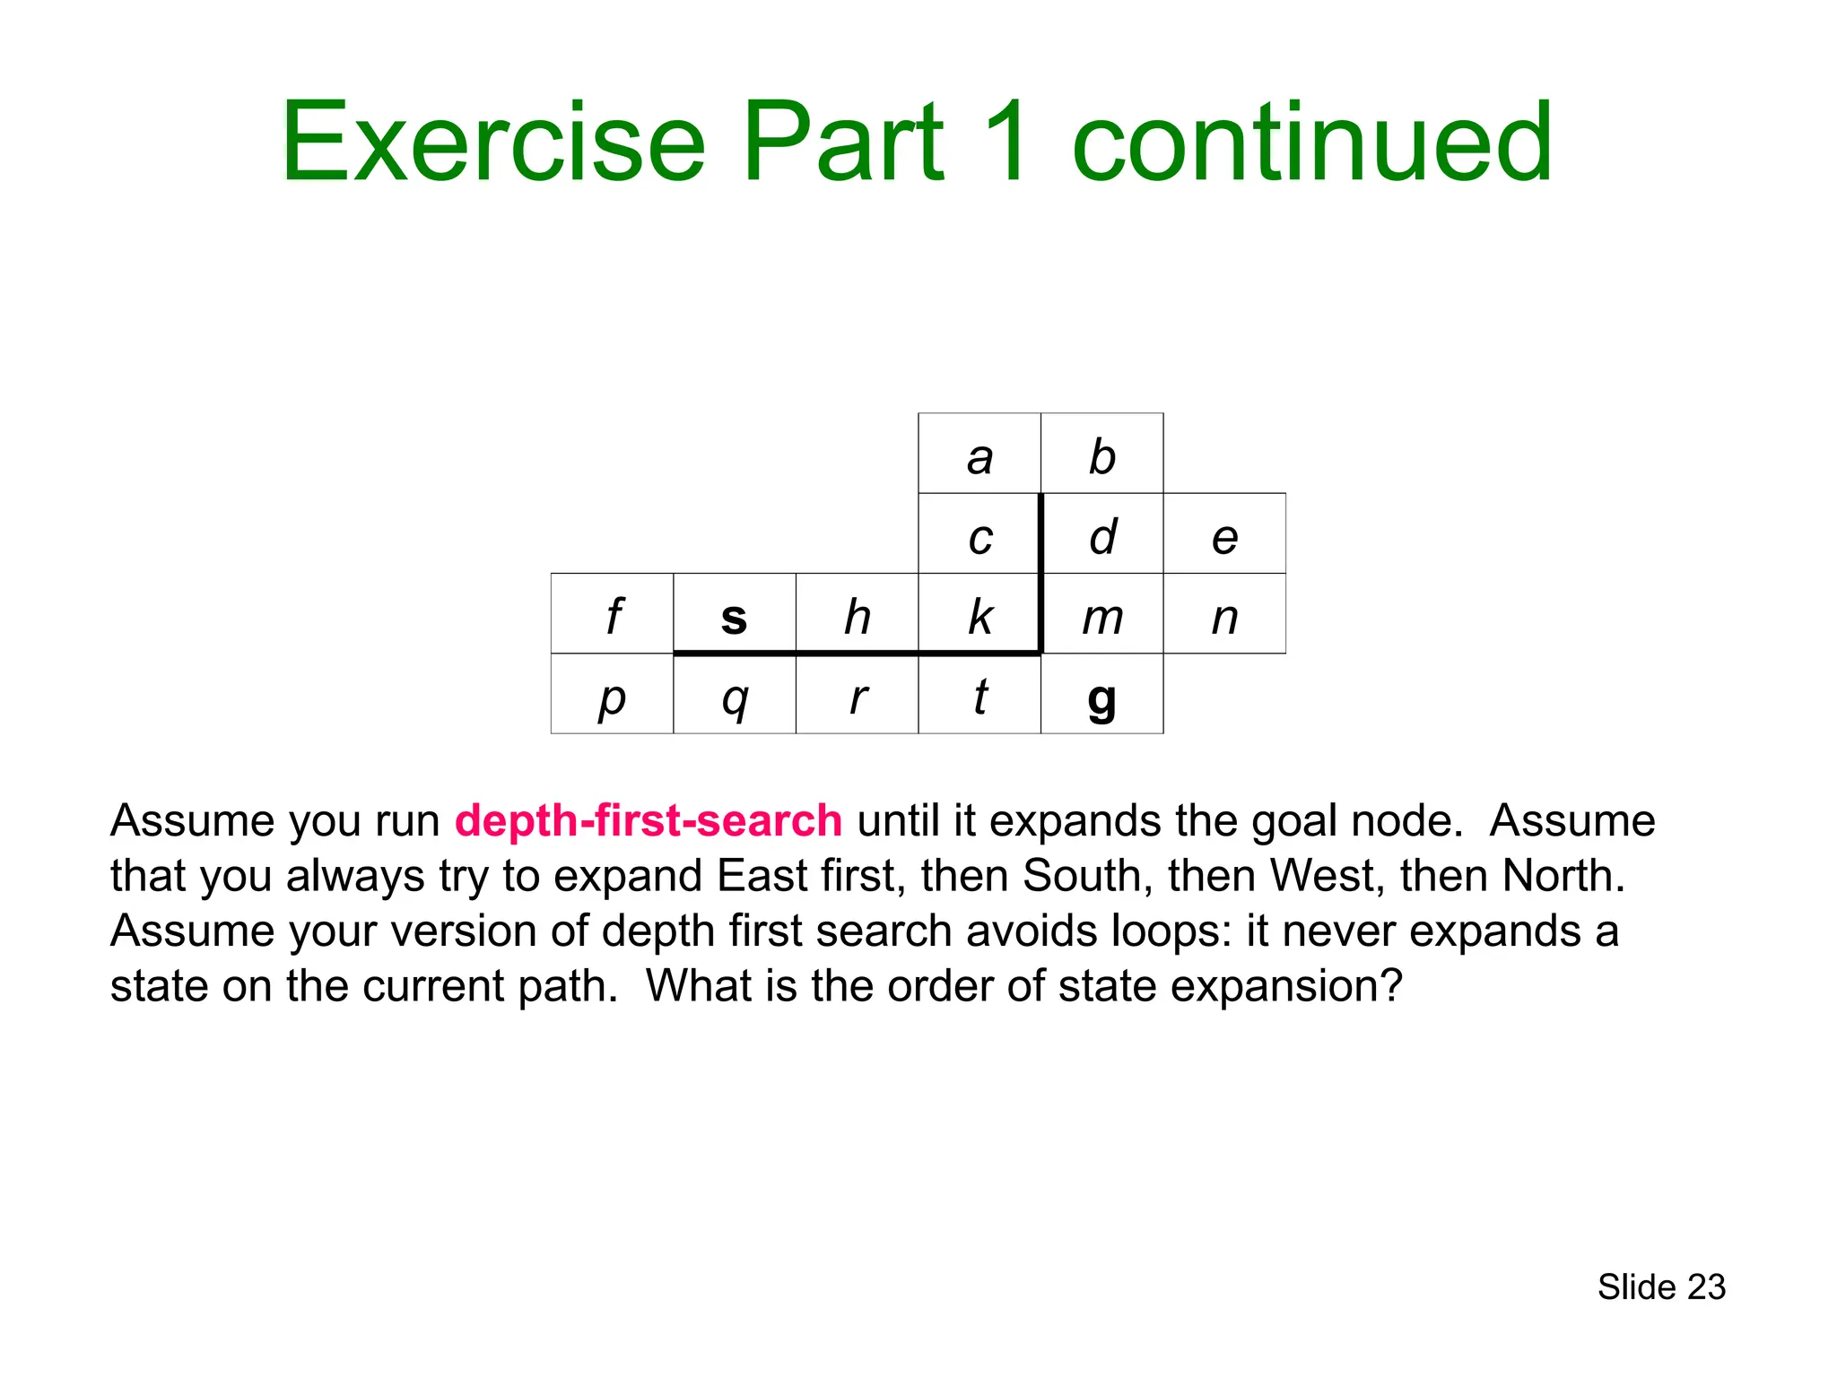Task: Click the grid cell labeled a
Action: tap(979, 454)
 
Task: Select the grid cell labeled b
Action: tap(1101, 454)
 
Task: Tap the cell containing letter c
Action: tap(979, 534)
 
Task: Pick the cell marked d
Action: tap(1101, 534)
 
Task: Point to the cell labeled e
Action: tap(1224, 534)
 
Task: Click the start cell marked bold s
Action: tap(734, 615)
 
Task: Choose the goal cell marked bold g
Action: tap(1101, 695)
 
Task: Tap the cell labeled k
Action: tap(979, 615)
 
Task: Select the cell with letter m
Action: tap(1101, 615)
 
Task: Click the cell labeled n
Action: tap(1224, 615)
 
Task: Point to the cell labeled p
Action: tap(612, 695)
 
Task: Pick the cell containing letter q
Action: tap(734, 695)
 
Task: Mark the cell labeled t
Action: tap(979, 695)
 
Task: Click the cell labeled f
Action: tap(612, 615)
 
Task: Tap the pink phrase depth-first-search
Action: tap(648, 821)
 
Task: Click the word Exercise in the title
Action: tap(493, 143)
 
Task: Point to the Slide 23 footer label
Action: tap(1661, 1287)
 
